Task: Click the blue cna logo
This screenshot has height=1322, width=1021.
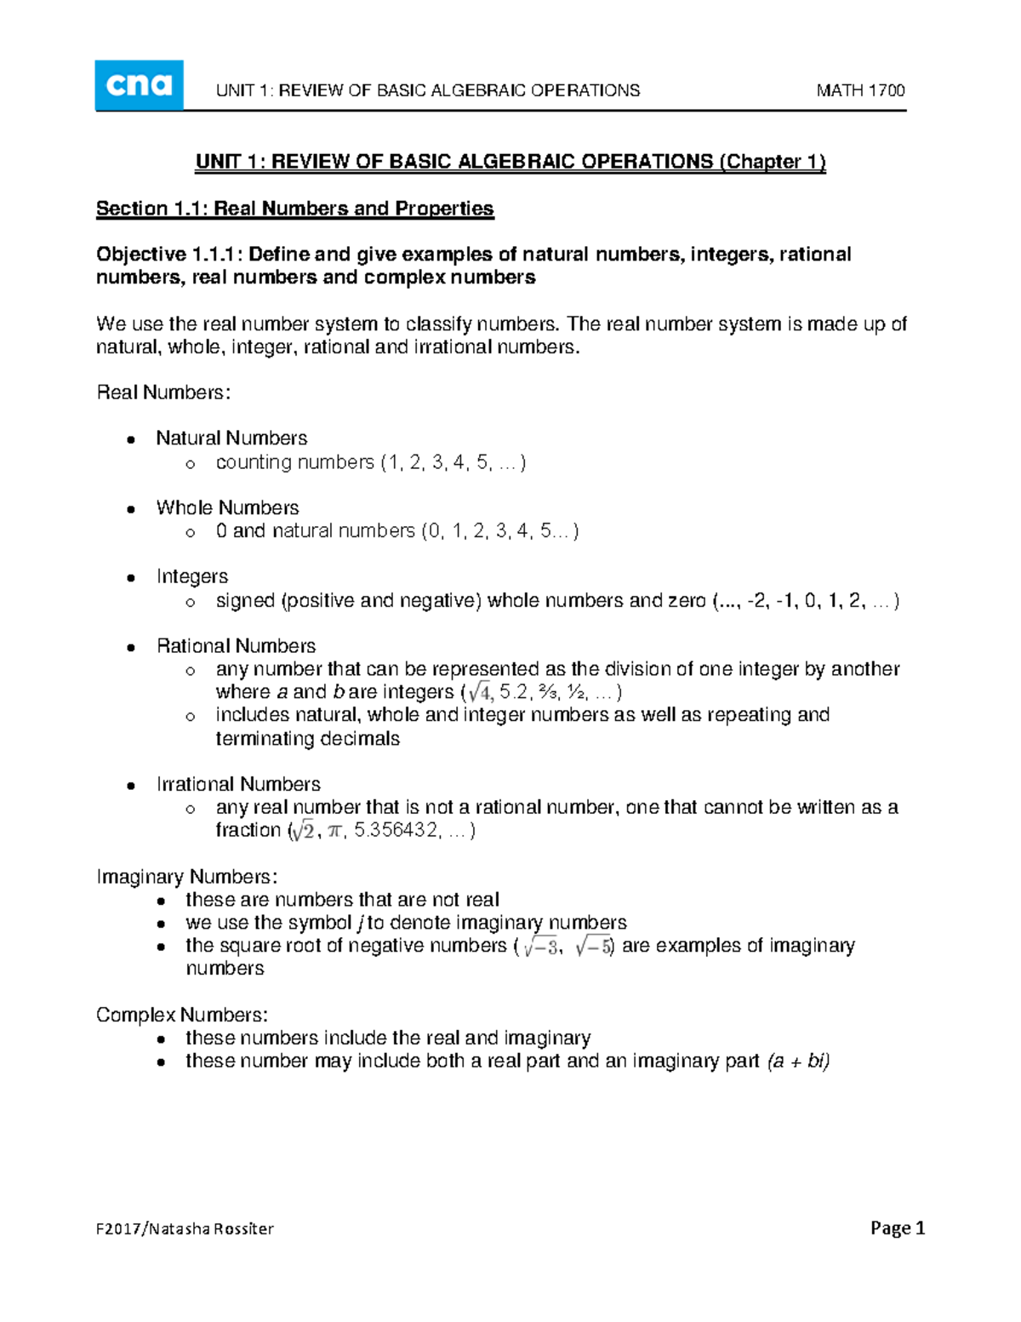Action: coord(139,85)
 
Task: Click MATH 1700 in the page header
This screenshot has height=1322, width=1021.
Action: coord(860,90)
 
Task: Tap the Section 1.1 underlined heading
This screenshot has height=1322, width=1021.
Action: coord(294,209)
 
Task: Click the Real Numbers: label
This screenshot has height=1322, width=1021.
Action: coord(163,392)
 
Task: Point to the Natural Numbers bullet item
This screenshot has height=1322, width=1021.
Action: coord(231,438)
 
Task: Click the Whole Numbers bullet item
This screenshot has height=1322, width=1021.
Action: coord(227,507)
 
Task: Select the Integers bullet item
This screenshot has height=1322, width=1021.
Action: coord(192,576)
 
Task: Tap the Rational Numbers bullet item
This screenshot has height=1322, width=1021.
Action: coord(236,646)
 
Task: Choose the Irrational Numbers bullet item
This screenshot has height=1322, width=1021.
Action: coord(238,784)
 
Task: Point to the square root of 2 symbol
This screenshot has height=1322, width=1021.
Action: coord(302,831)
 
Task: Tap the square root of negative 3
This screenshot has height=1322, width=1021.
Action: coord(540,947)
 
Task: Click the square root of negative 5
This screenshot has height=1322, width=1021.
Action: coord(593,947)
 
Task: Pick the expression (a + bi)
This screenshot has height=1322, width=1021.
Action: coord(797,1061)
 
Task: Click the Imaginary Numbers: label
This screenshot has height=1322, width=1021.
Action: coord(186,877)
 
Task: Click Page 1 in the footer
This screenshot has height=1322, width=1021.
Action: coord(897,1228)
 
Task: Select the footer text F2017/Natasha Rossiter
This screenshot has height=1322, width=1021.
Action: coord(185,1228)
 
